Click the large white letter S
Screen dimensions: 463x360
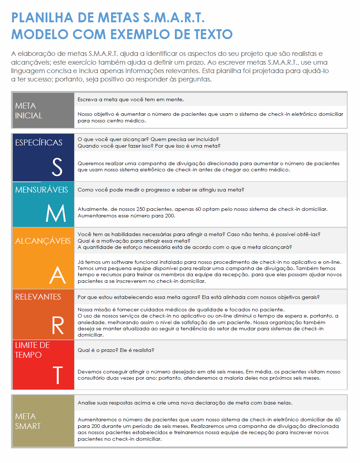coord(57,167)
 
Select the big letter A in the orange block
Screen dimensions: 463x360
coord(57,275)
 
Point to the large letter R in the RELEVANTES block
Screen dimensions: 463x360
coord(58,325)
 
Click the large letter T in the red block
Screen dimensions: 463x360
coord(58,375)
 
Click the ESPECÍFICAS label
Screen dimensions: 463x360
coord(39,143)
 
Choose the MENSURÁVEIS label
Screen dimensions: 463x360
coord(42,190)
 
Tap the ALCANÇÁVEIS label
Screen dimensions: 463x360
coord(43,241)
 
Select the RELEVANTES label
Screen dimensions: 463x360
coord(38,297)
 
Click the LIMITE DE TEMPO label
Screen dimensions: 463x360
coord(32,350)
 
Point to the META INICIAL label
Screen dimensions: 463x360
coord(28,110)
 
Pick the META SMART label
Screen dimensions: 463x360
coord(28,421)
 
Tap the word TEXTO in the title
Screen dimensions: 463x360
coord(213,34)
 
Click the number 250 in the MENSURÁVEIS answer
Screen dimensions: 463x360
coord(141,209)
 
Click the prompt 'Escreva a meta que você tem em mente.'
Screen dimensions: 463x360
coord(131,99)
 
